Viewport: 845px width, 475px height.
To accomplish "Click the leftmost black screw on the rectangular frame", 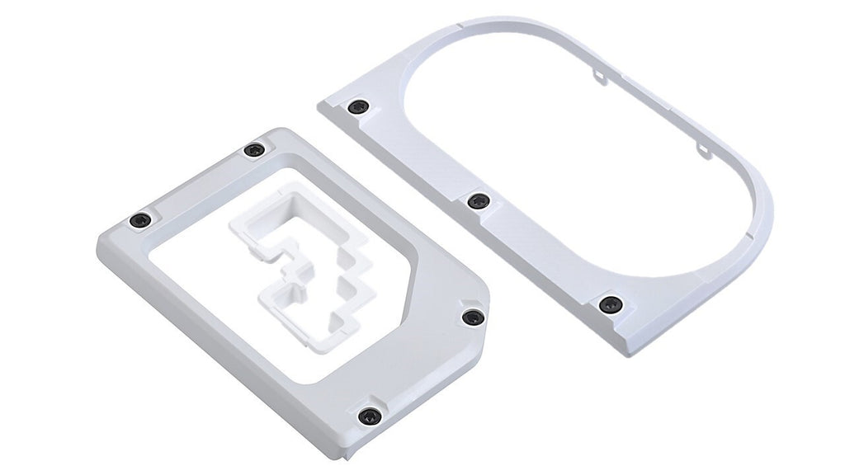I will [x=141, y=220].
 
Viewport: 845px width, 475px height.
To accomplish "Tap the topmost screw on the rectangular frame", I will [x=254, y=150].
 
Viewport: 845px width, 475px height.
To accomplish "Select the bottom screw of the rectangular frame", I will [x=369, y=416].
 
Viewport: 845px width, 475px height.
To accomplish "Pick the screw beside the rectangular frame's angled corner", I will [x=472, y=317].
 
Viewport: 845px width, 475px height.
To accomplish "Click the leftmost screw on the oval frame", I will [x=357, y=107].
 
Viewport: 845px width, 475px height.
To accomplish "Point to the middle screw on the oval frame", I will [x=478, y=201].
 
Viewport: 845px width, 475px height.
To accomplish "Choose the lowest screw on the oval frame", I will [x=611, y=304].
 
